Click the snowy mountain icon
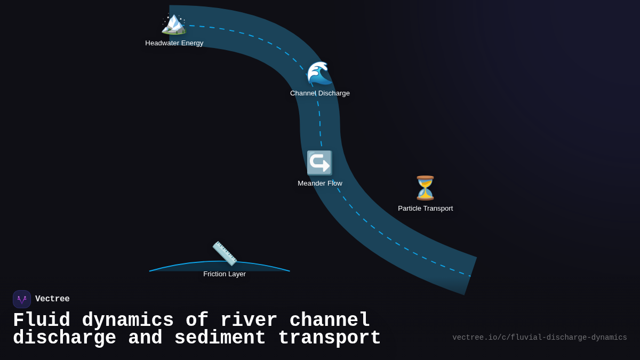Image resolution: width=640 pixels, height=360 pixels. pyautogui.click(x=174, y=23)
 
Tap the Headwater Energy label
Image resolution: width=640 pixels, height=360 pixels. pyautogui.click(x=174, y=43)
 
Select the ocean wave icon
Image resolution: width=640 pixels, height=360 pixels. pyautogui.click(x=319, y=74)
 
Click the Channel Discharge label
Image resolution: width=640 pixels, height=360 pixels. pyautogui.click(x=320, y=93)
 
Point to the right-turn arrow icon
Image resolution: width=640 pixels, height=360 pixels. pyautogui.click(x=319, y=163)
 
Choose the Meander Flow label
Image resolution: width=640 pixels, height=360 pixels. pyautogui.click(x=320, y=183)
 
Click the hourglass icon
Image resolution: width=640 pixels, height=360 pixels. pyautogui.click(x=425, y=188)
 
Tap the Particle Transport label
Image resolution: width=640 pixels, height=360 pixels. pyautogui.click(x=425, y=209)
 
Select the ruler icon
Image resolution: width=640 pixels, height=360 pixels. pyautogui.click(x=225, y=253)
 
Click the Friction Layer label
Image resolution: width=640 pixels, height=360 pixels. pyautogui.click(x=225, y=274)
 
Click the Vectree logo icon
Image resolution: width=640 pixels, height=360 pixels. pyautogui.click(x=22, y=299)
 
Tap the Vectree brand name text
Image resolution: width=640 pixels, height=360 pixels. pyautogui.click(x=52, y=299)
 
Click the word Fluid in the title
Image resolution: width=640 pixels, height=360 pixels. pyautogui.click(x=42, y=321)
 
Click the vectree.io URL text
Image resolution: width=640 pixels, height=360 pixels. pyautogui.click(x=539, y=338)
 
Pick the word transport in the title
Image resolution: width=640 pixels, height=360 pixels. pyautogui.click(x=329, y=338)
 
